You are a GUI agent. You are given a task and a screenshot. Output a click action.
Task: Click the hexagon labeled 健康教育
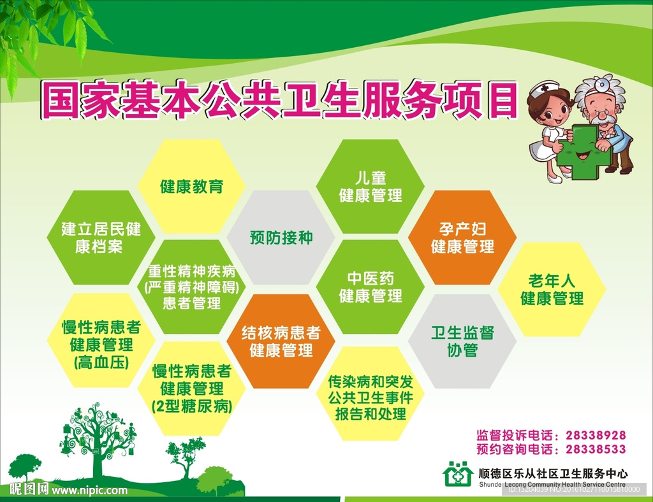pos(191,186)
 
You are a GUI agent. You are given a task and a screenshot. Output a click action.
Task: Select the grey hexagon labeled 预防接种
pos(281,238)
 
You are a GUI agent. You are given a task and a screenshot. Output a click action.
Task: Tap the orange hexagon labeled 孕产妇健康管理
pos(462,238)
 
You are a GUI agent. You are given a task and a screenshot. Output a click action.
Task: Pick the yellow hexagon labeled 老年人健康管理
pos(552,289)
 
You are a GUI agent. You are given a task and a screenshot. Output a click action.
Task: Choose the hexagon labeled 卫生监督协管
pos(462,341)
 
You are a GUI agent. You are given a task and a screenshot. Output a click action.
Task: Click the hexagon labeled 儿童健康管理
pos(371,186)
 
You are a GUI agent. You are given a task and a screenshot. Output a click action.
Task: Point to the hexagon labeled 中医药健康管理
pos(371,287)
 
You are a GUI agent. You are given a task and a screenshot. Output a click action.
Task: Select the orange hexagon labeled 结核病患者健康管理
pos(281,341)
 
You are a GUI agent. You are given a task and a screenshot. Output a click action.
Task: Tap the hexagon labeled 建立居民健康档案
pos(101,238)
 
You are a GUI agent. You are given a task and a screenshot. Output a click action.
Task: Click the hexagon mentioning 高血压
pos(101,341)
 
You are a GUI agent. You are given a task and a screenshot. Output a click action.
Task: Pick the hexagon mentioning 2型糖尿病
pos(191,389)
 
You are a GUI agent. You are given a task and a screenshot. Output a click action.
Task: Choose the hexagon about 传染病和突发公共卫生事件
pos(371,394)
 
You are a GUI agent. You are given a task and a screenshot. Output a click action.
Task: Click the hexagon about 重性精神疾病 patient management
pos(191,287)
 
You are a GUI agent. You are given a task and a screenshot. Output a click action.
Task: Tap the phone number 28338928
pos(596,436)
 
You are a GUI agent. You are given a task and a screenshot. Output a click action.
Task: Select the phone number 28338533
pos(596,450)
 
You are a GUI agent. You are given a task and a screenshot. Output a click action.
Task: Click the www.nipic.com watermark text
pos(89,491)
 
